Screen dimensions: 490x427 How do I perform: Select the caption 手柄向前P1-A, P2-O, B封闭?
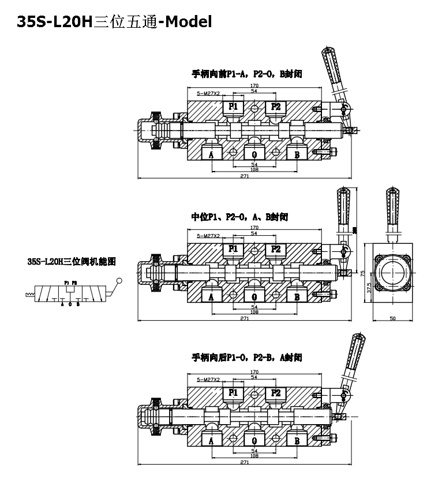click(248, 74)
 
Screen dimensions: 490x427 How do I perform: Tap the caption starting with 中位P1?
click(239, 217)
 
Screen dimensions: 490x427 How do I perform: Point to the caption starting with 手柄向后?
click(247, 358)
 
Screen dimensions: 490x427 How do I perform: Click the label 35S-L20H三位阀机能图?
click(72, 261)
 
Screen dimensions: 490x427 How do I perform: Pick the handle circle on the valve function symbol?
click(120, 281)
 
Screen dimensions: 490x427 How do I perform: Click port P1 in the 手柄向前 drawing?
click(234, 106)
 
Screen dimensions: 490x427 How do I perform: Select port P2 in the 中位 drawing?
click(275, 248)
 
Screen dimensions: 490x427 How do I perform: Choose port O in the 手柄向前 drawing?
click(254, 154)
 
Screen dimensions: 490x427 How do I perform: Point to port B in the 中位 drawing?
click(297, 296)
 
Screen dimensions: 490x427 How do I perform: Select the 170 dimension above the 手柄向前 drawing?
click(254, 86)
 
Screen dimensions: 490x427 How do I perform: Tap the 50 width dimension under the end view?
click(394, 318)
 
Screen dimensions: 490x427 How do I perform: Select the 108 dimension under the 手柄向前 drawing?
click(254, 170)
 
